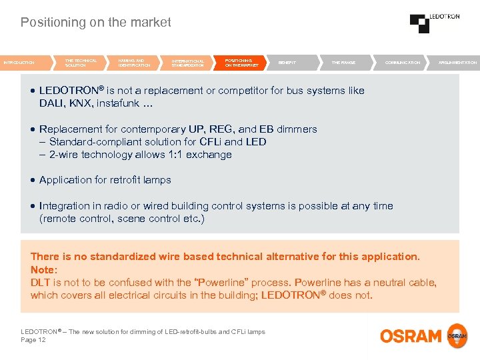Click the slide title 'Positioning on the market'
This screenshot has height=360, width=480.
click(x=95, y=23)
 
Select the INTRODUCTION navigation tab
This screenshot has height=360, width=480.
click(x=21, y=63)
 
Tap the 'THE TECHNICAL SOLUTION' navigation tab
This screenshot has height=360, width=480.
click(x=81, y=63)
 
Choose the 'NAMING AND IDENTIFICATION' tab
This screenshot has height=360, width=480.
click(x=134, y=63)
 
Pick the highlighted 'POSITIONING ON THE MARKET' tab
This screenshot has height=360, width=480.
click(x=241, y=63)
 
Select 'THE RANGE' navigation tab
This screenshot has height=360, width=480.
click(x=343, y=63)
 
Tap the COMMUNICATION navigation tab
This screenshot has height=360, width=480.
click(x=403, y=63)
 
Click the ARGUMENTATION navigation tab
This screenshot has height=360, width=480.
click(x=457, y=63)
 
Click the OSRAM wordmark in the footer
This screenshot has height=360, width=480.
click(x=411, y=335)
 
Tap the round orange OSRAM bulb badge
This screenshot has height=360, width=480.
click(x=457, y=335)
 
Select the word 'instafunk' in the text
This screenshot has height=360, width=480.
click(x=128, y=103)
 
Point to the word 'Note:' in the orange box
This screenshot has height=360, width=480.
click(x=44, y=269)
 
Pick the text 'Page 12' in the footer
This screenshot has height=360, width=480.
click(x=33, y=340)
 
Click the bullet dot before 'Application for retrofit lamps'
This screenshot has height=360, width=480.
click(x=33, y=180)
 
